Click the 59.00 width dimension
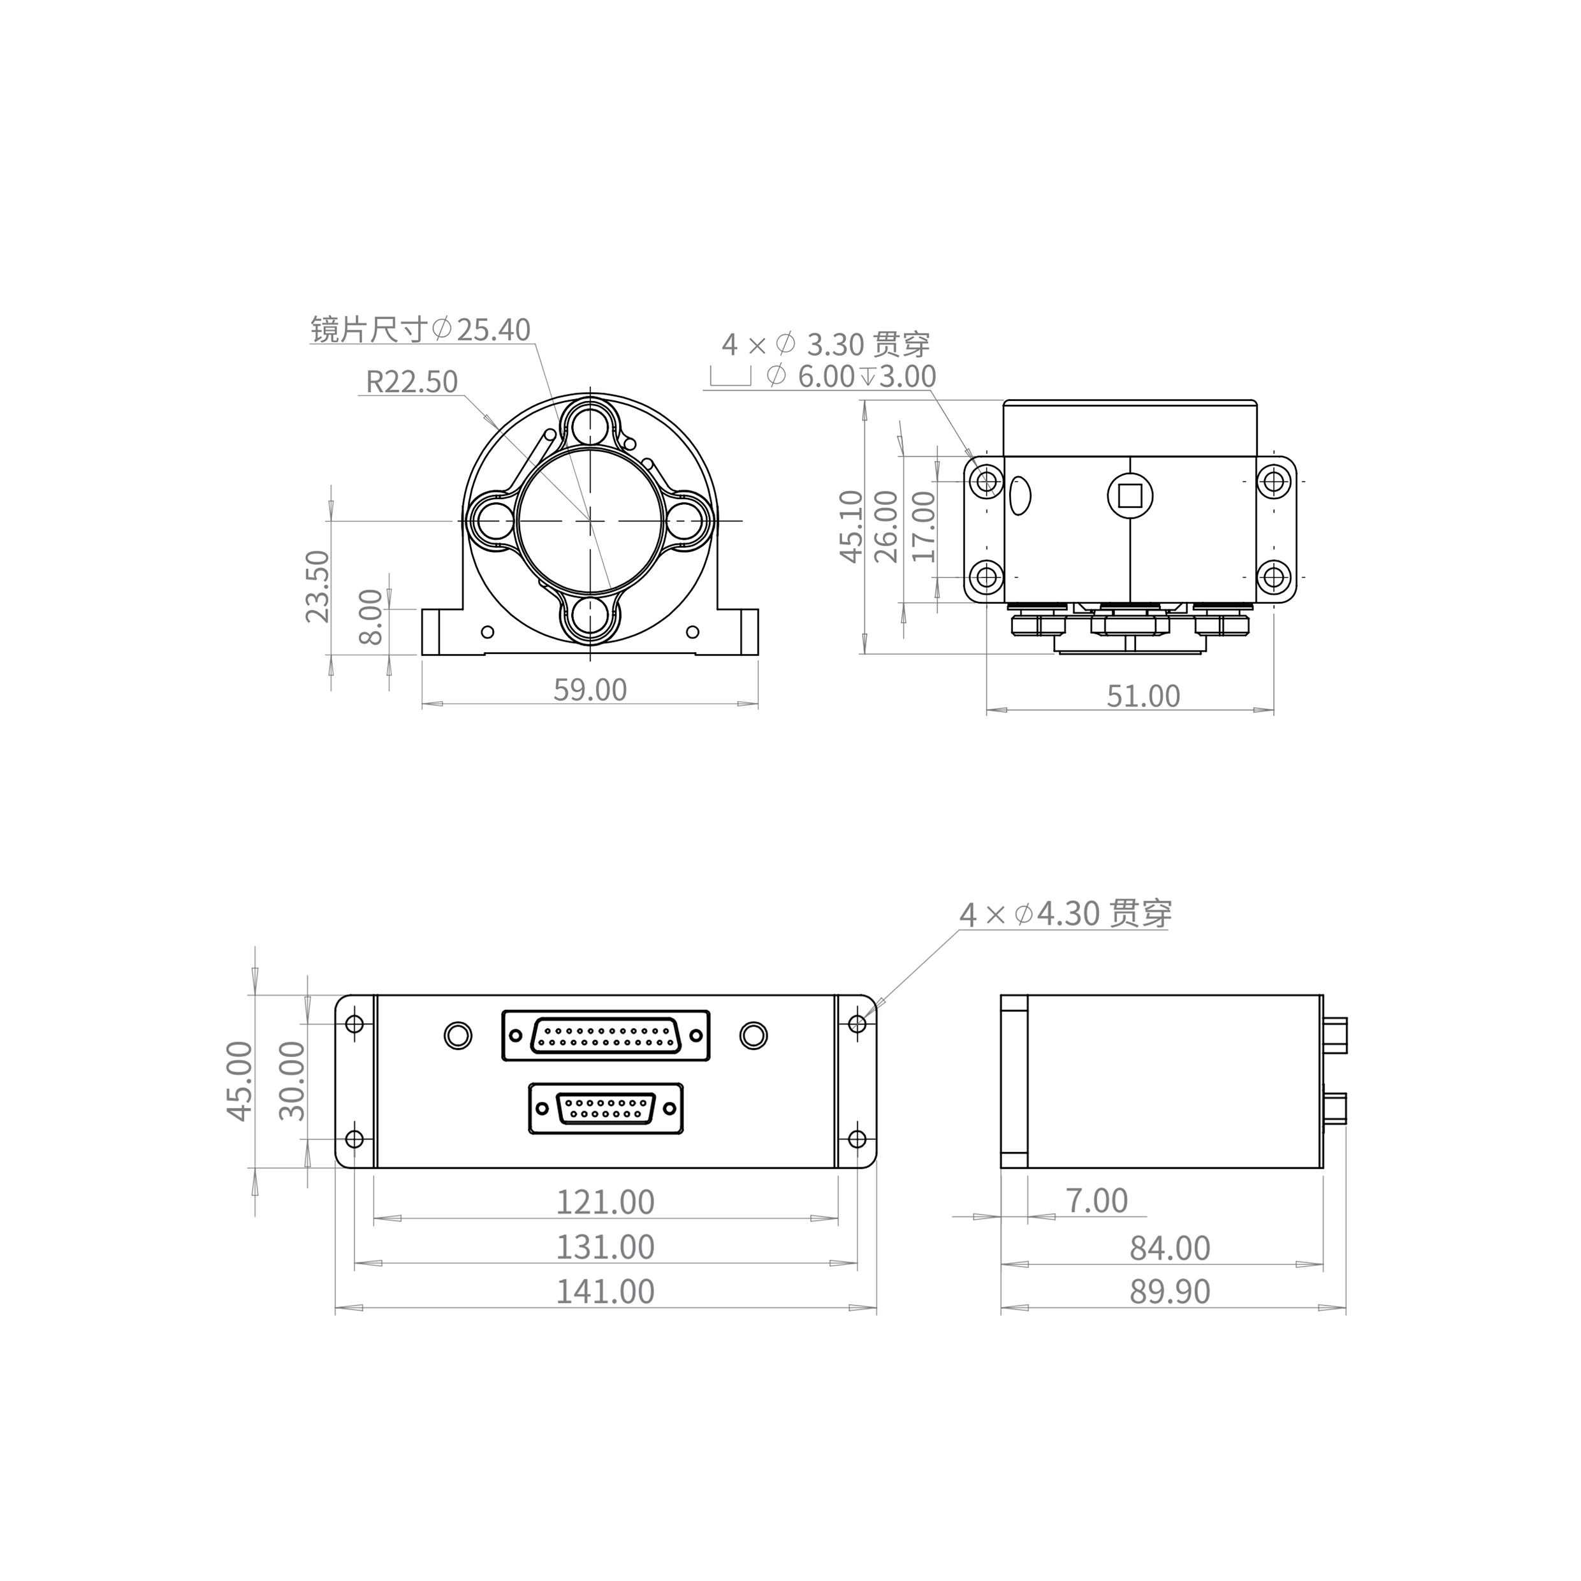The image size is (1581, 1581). (x=590, y=690)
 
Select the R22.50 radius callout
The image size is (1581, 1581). (x=412, y=382)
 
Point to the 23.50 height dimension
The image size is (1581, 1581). (x=317, y=586)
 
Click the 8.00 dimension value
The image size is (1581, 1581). (x=372, y=616)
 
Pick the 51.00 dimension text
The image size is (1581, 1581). (x=1143, y=696)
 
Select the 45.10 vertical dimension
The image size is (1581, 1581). (x=852, y=526)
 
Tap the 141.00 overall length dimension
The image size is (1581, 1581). (x=606, y=1292)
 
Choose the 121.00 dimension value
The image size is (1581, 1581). (x=606, y=1202)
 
